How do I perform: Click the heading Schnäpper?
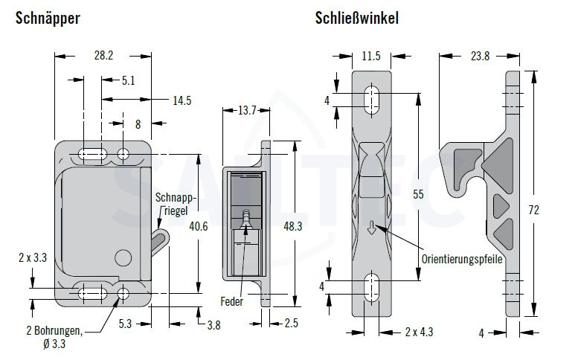[48, 18]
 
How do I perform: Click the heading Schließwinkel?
[357, 18]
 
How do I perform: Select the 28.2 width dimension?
[103, 56]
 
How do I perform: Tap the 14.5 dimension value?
[182, 100]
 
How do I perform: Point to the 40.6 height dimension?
[199, 226]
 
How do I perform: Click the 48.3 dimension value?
[293, 226]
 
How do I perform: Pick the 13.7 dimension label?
[247, 110]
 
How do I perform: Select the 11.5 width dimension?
[371, 56]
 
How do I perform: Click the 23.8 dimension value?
[481, 56]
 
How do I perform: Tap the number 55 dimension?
[418, 194]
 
